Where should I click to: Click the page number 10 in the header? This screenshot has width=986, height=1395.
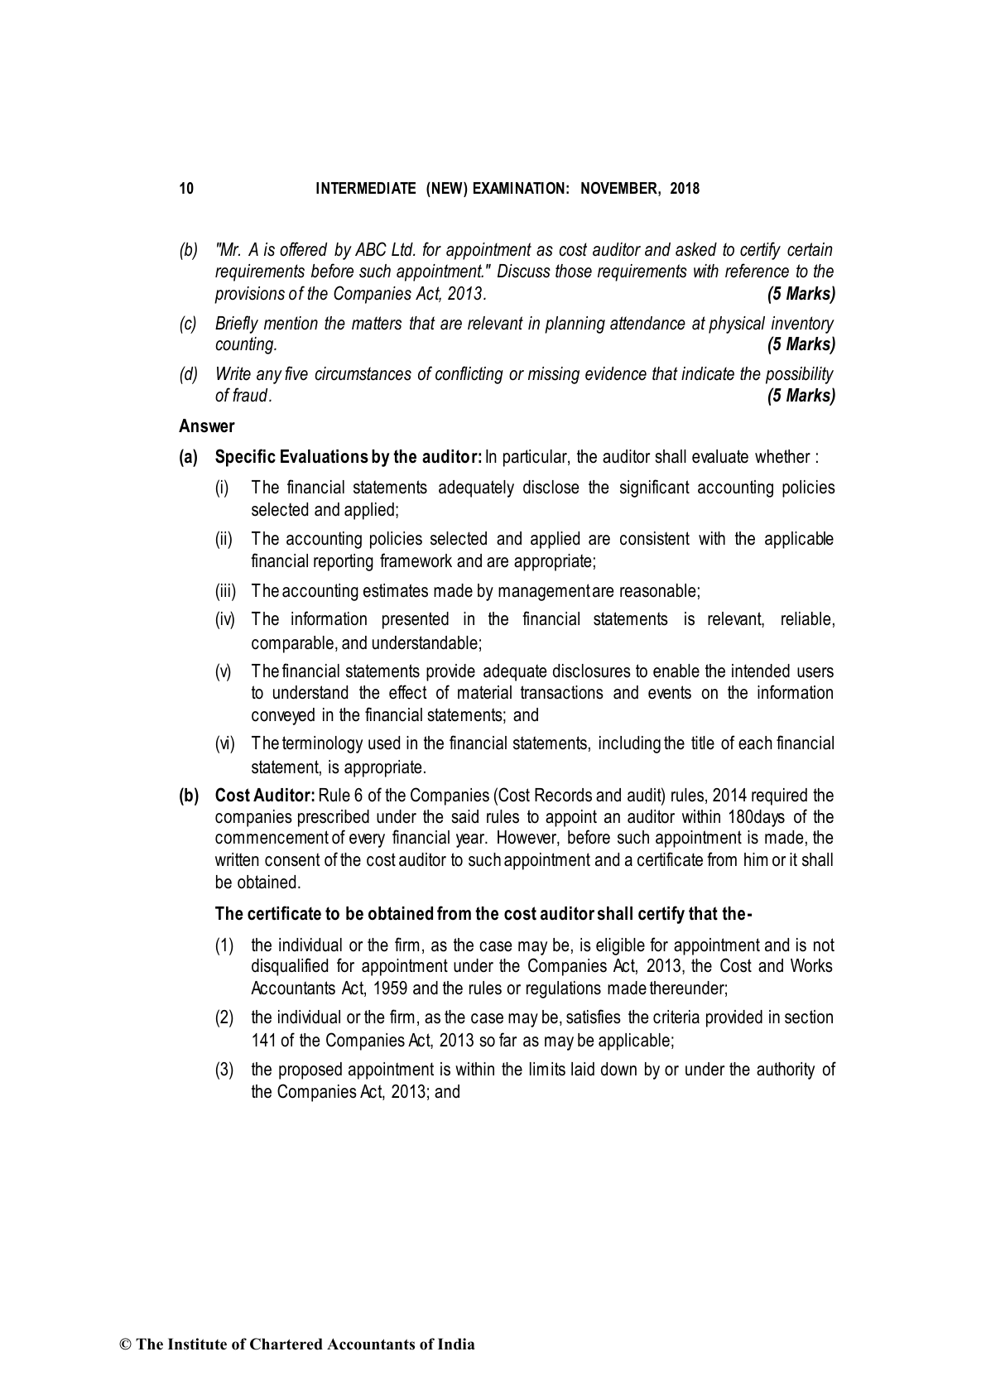pos(186,189)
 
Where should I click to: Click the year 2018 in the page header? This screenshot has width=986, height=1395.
pos(685,189)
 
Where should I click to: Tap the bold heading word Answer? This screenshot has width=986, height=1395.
pos(207,426)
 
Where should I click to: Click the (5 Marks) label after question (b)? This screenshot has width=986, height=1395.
pos(801,293)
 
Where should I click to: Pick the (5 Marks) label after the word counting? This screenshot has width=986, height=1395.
pos(801,344)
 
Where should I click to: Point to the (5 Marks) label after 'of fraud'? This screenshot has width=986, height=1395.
pos(801,396)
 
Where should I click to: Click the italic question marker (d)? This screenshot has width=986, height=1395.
pos(189,374)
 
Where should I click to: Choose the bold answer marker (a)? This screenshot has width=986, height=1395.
pos(189,457)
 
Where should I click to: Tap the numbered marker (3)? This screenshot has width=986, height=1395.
pos(224,1070)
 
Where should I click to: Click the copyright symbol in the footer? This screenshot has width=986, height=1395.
pos(126,1344)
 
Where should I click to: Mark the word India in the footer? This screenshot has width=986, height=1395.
pos(456,1344)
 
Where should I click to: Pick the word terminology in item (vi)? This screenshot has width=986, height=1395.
pos(321,743)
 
